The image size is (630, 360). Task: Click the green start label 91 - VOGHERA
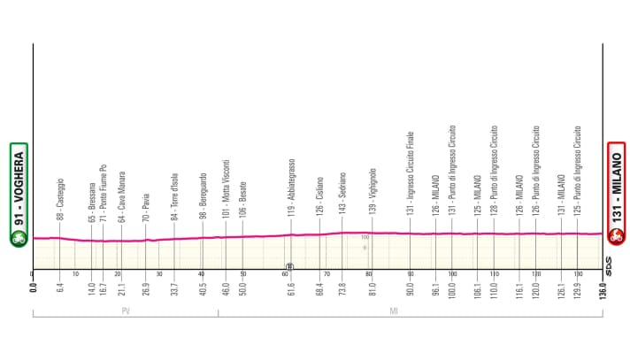pos(18,195)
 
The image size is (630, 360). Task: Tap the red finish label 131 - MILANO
pos(617,195)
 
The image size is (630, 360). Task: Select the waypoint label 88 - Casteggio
pos(59,194)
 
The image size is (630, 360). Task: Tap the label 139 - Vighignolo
pos(373,188)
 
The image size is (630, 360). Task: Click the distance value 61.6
pos(290,291)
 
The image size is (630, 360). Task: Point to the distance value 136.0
pos(605,291)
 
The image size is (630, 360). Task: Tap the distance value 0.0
pos(33,291)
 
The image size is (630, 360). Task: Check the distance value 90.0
pos(411,291)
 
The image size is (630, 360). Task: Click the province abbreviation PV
pos(126,311)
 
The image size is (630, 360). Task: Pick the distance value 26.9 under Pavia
pos(146,291)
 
